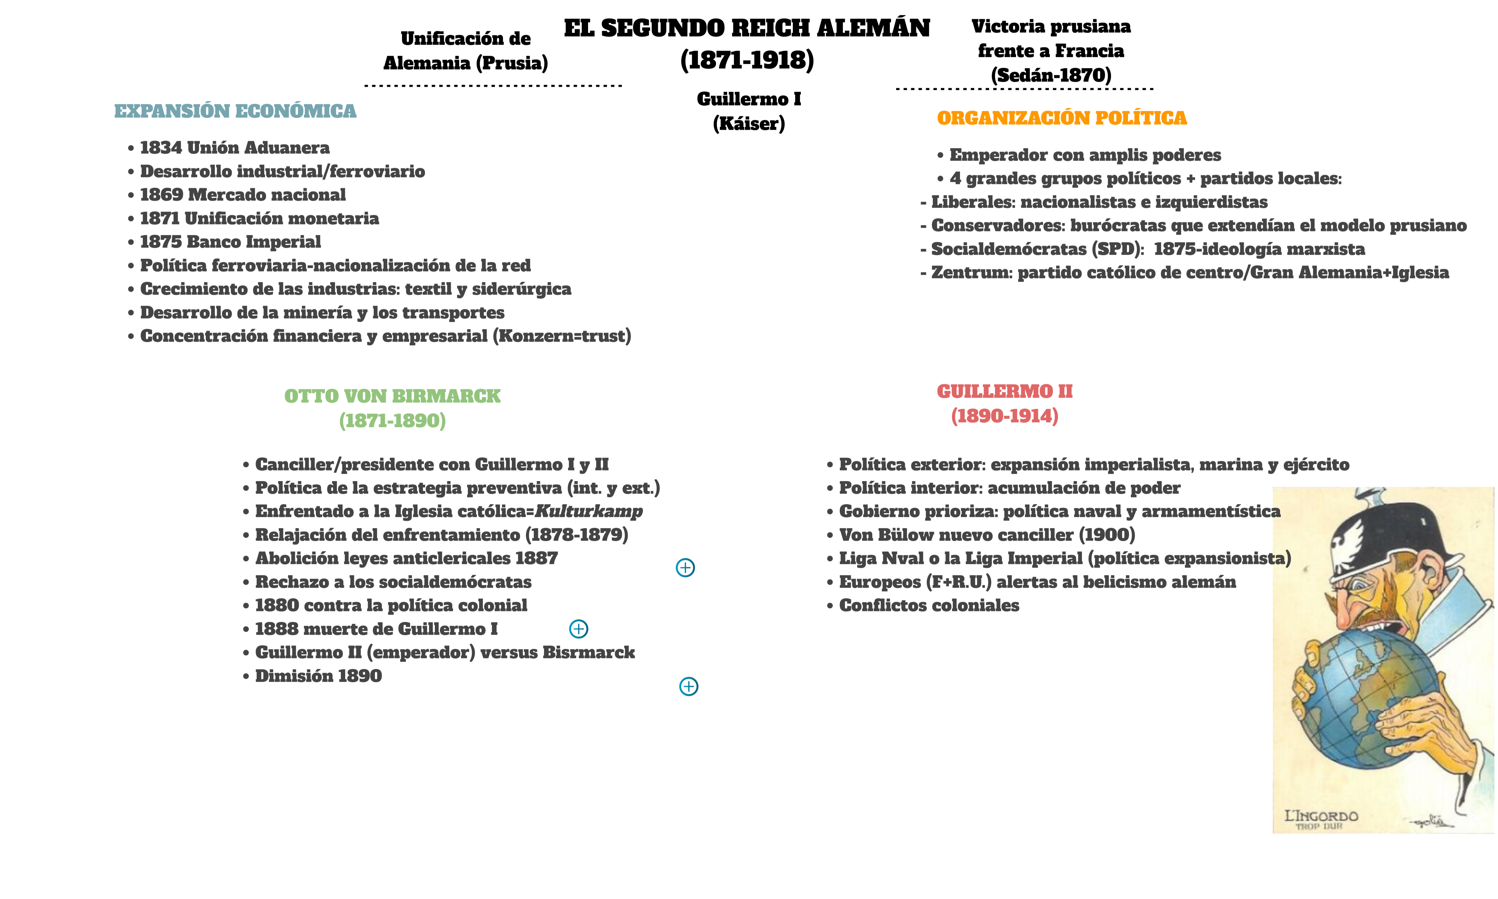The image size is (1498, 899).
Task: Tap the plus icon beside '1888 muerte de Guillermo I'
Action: click(x=578, y=629)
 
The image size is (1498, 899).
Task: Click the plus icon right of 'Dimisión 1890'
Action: click(x=689, y=686)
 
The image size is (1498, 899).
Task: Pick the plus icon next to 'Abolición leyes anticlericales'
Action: click(x=685, y=568)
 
